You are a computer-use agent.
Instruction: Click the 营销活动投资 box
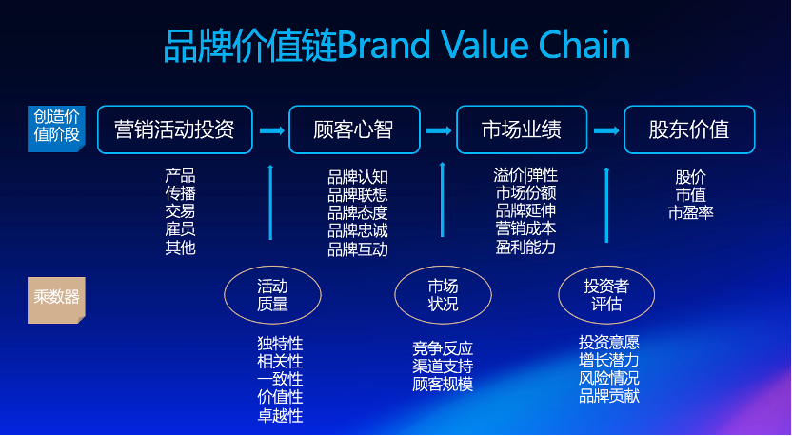(174, 129)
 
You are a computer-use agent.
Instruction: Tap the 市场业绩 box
(521, 129)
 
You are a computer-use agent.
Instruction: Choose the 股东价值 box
(688, 129)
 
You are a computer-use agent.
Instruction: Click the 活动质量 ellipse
(271, 295)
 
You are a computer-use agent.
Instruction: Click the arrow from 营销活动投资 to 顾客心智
(272, 129)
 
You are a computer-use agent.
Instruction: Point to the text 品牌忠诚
(357, 230)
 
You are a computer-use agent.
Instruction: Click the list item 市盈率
(690, 212)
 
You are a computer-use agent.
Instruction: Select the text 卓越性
(280, 415)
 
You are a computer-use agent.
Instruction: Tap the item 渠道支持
(443, 367)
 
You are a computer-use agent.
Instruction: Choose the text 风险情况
(608, 377)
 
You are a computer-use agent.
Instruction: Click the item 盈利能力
(525, 248)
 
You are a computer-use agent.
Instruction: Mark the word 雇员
(180, 229)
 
